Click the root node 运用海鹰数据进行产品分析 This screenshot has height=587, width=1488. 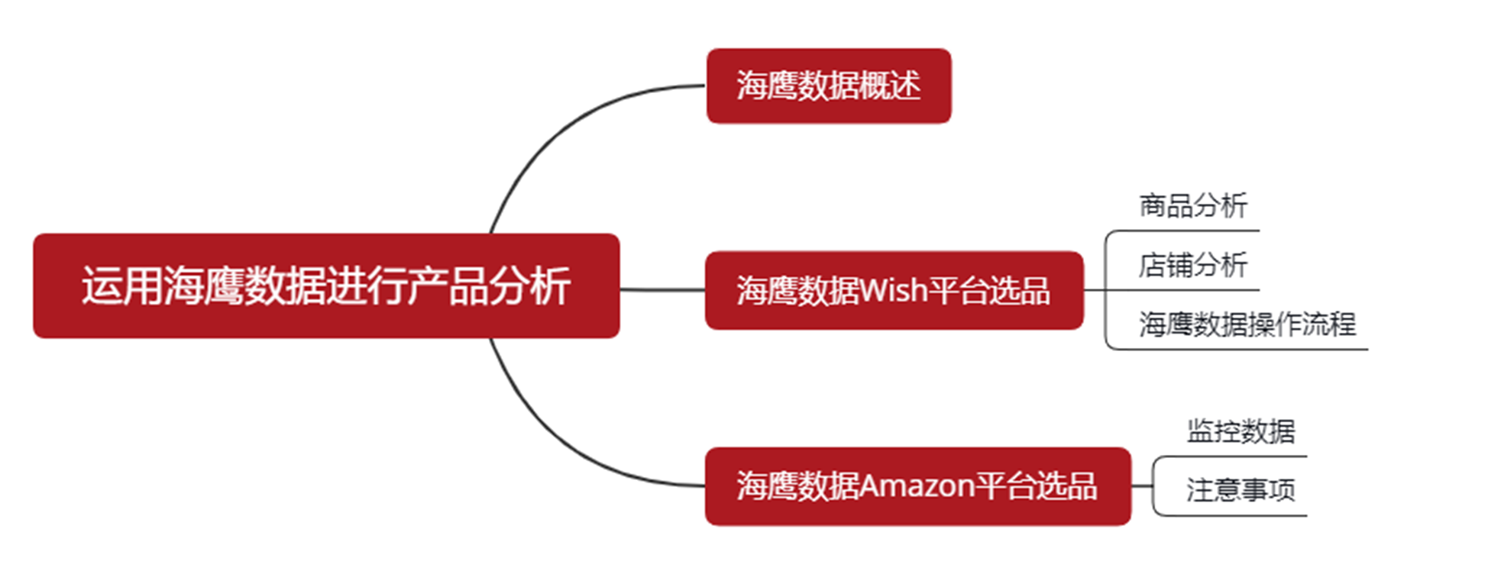click(x=326, y=285)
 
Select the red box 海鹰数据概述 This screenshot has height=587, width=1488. click(x=828, y=85)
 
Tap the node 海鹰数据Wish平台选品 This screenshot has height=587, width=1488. click(x=894, y=290)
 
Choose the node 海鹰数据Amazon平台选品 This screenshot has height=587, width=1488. click(x=917, y=486)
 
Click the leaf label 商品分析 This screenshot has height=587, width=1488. click(x=1192, y=205)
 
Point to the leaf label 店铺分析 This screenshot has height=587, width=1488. click(x=1192, y=265)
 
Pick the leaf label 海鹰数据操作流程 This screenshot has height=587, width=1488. click(x=1247, y=324)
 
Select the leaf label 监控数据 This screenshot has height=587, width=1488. click(x=1241, y=431)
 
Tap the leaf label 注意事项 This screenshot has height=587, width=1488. click(x=1241, y=490)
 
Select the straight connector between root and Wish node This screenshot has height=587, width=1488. click(x=662, y=290)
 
